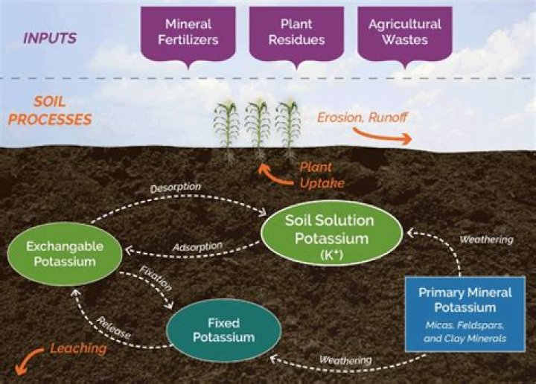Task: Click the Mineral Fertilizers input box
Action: click(x=188, y=32)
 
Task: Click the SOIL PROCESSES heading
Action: click(x=61, y=109)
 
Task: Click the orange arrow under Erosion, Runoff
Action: click(x=380, y=135)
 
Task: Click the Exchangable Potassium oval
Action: click(x=65, y=254)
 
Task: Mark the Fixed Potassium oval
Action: click(x=223, y=329)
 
